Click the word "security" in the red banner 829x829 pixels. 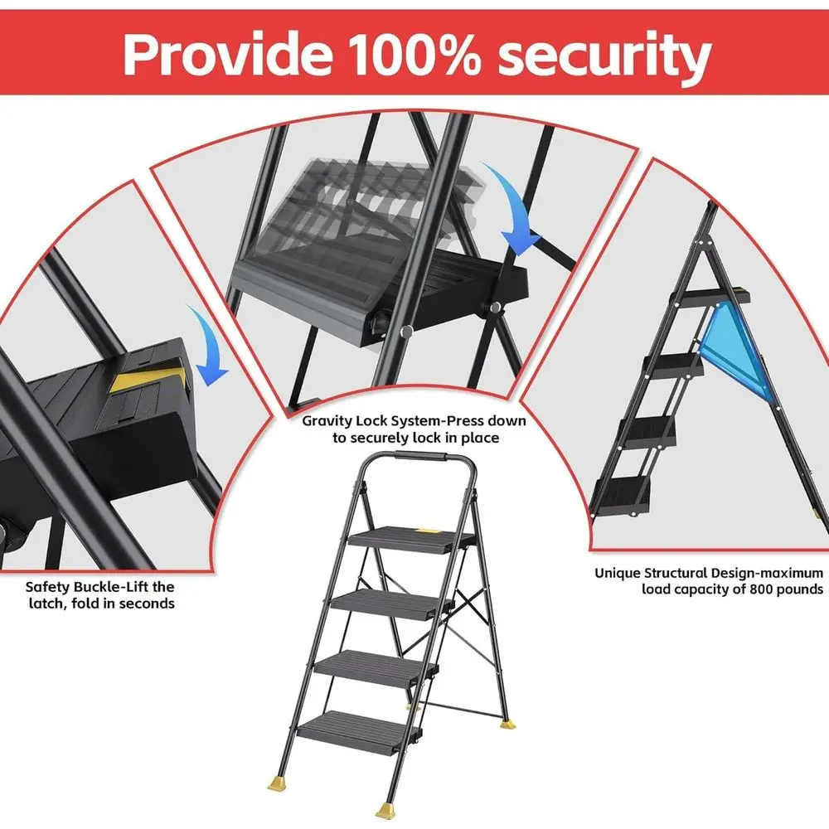click(599, 55)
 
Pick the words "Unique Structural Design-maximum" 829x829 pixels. click(708, 573)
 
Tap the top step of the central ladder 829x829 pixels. click(406, 536)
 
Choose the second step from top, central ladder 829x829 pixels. click(386, 602)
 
